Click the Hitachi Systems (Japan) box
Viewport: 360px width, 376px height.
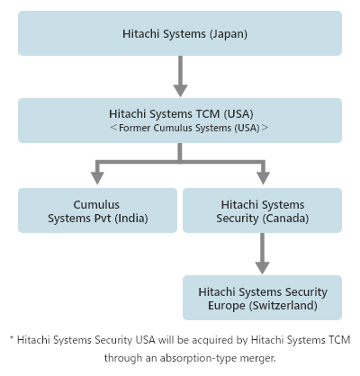pyautogui.click(x=180, y=33)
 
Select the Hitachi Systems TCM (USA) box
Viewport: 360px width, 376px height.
pyautogui.click(x=180, y=121)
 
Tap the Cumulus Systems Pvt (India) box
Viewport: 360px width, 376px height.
pyautogui.click(x=97, y=210)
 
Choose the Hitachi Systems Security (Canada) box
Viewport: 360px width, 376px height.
pyautogui.click(x=262, y=210)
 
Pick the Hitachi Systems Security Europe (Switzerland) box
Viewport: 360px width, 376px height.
pyautogui.click(x=262, y=298)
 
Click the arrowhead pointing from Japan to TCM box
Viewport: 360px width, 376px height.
pyautogui.click(x=180, y=91)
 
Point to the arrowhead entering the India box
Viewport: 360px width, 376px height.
pyautogui.click(x=97, y=178)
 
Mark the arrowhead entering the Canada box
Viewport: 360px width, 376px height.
pyautogui.click(x=263, y=178)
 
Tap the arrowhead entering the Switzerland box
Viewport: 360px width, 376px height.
pyautogui.click(x=262, y=268)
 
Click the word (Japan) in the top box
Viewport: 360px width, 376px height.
pyautogui.click(x=229, y=34)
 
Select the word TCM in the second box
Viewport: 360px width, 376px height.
pyautogui.click(x=208, y=114)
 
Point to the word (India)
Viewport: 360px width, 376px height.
pyautogui.click(x=131, y=219)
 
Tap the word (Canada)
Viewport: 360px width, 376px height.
pyautogui.click(x=285, y=219)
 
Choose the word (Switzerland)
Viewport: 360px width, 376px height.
pyautogui.click(x=283, y=306)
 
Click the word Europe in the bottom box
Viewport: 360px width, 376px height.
pyautogui.click(x=227, y=306)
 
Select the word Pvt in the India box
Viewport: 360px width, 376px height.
pyautogui.click(x=103, y=219)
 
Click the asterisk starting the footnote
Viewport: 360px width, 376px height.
pyautogui.click(x=12, y=338)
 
